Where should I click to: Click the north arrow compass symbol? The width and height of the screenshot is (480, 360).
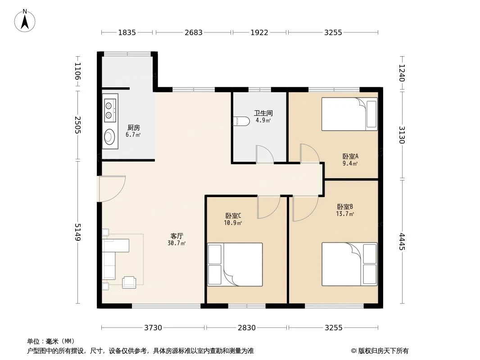click(26, 20)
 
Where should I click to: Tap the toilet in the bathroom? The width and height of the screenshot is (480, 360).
click(242, 121)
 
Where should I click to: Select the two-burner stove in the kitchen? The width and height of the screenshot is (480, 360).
click(109, 111)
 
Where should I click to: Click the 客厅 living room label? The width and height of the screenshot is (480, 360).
click(177, 236)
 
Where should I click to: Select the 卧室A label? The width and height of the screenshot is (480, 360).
click(350, 157)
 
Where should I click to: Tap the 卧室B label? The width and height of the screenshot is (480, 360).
click(345, 207)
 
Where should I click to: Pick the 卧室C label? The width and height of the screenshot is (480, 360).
click(233, 216)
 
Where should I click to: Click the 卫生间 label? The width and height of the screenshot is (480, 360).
click(263, 113)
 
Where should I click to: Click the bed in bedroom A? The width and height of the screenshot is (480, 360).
click(349, 114)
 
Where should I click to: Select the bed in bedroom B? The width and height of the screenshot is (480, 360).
click(349, 264)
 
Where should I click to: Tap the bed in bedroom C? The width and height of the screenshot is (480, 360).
click(235, 265)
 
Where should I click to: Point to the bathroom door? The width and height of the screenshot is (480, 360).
click(264, 154)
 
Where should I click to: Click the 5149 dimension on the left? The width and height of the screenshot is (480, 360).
click(77, 232)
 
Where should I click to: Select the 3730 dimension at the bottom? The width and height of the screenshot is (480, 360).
click(153, 328)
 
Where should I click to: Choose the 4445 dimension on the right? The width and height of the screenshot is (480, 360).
click(402, 241)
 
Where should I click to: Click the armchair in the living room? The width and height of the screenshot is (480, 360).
click(129, 282)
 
